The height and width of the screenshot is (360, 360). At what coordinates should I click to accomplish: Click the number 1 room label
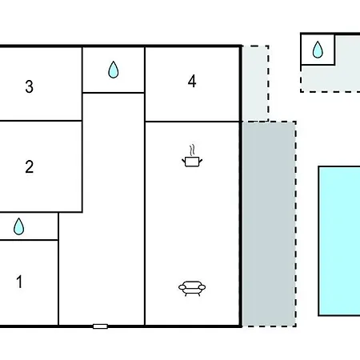19,282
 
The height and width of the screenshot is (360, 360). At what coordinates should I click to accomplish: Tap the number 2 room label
30,166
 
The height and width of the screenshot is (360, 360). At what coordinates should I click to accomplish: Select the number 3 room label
30,86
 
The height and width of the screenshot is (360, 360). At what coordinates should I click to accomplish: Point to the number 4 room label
192,81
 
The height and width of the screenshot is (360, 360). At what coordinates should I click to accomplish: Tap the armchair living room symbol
192,289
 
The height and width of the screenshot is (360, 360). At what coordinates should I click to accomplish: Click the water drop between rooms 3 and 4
114,70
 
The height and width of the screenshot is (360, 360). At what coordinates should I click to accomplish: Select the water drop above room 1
18,227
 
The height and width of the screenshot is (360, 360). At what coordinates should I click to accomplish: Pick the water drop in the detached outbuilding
318,50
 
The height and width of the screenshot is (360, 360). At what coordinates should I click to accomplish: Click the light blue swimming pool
339,241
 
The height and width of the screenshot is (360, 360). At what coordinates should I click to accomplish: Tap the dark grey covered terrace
269,224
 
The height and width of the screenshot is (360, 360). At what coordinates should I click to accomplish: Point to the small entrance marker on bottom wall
100,326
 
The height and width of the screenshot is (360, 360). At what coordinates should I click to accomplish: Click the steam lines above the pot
192,150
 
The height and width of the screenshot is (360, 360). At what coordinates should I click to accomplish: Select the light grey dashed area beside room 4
255,83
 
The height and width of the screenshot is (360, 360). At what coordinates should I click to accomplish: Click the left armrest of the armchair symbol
182,287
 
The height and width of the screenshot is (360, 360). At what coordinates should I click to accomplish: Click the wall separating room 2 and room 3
41,121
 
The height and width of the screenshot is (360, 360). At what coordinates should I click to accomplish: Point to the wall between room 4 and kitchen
192,122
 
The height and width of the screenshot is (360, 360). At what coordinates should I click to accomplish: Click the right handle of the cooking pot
201,161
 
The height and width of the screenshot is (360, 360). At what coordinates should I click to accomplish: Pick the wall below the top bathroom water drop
114,93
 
